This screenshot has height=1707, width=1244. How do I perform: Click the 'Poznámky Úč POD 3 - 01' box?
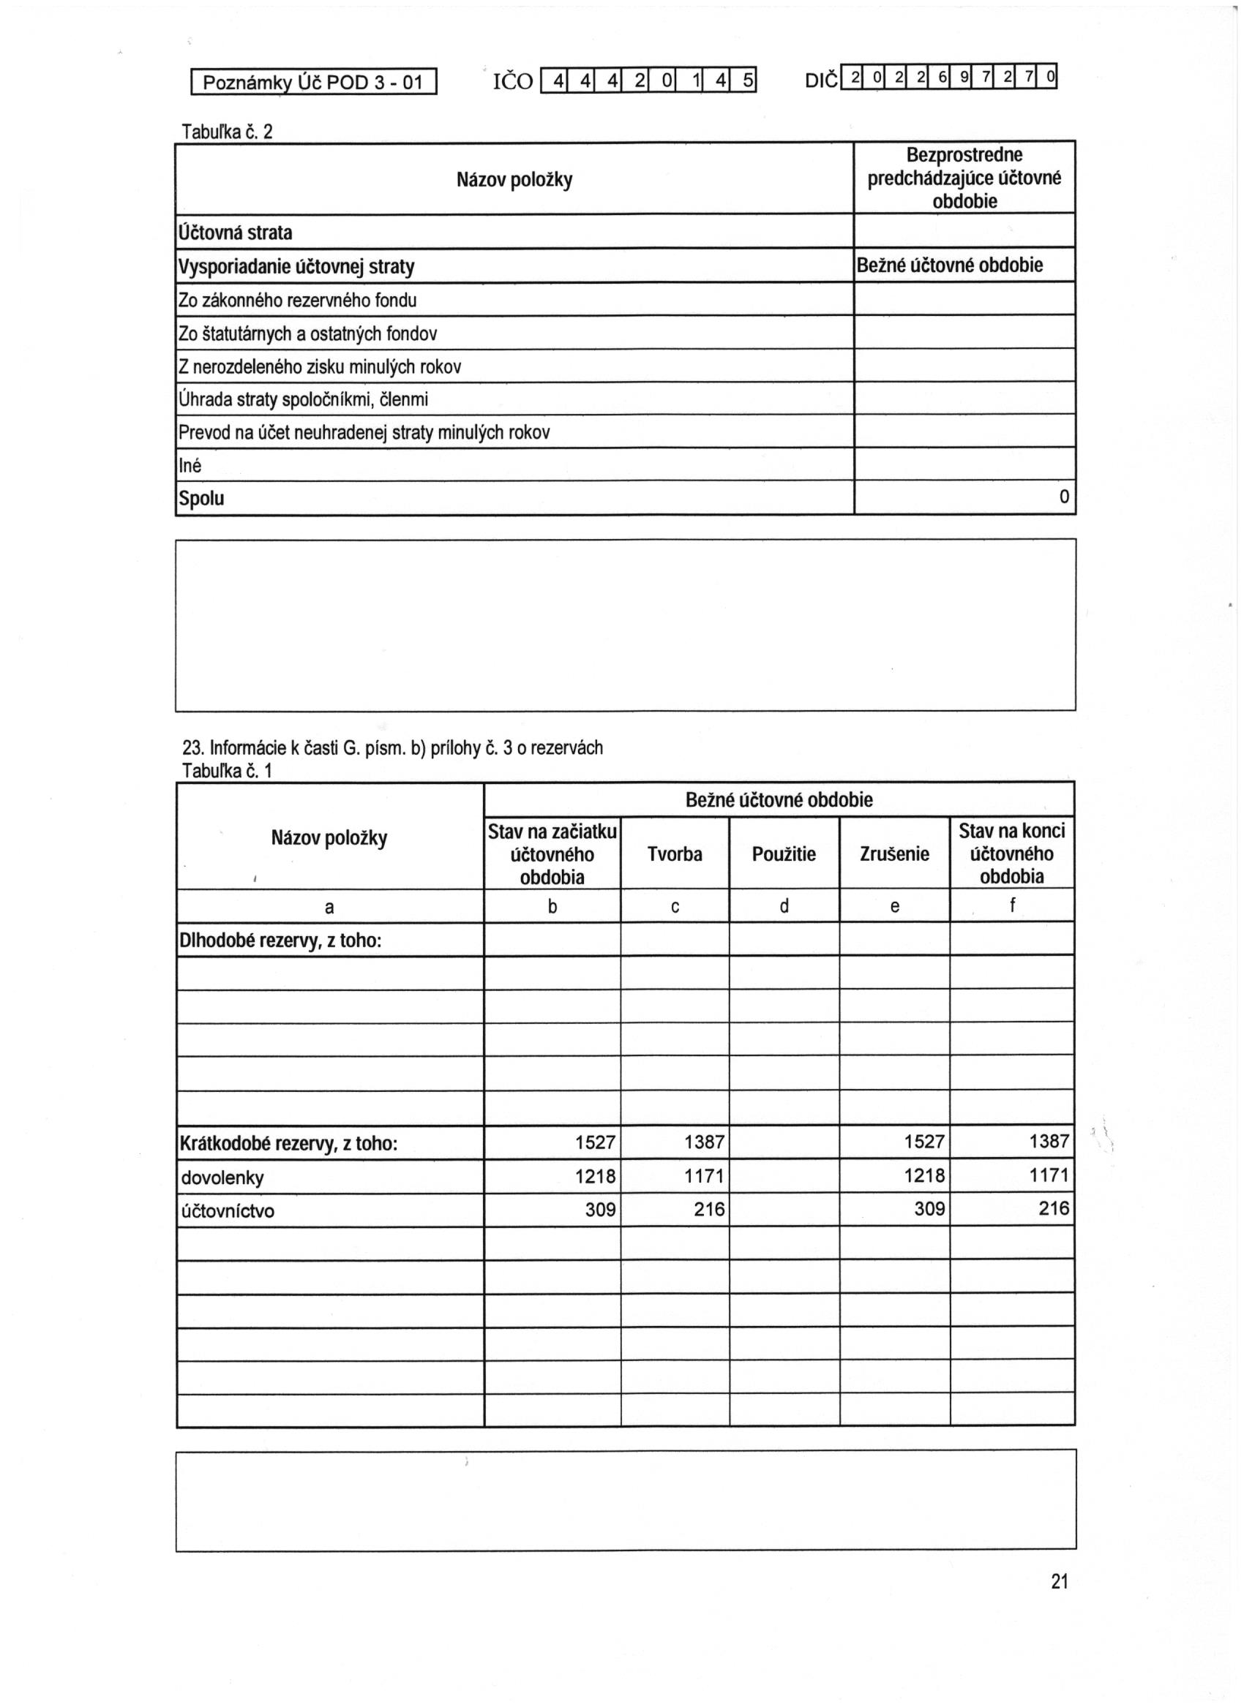coord(313,82)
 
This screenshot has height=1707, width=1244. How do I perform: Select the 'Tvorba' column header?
coord(674,853)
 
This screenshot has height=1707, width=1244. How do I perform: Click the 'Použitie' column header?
coord(783,853)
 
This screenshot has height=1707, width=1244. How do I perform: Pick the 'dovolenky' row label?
coord(222,1177)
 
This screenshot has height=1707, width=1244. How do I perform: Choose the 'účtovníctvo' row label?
coord(228,1211)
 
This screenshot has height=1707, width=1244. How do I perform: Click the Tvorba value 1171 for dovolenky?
coord(703,1175)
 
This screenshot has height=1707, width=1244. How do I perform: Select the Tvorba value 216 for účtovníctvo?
coord(708,1210)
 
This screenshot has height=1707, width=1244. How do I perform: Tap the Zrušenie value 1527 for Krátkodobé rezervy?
coord(924,1142)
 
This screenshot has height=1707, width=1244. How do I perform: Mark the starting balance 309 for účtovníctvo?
coord(600,1210)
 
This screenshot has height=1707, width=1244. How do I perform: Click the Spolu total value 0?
coord(1063,497)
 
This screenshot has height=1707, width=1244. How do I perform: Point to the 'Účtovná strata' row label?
coord(235,233)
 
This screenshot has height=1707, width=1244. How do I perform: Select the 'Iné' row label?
coord(190,466)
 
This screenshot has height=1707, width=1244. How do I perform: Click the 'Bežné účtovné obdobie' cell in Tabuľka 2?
coord(950,265)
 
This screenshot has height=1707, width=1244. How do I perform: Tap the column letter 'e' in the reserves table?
coord(895,906)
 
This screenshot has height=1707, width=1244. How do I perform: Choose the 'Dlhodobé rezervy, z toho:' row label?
coord(280,940)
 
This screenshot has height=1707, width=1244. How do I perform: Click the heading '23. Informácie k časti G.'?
coord(392,747)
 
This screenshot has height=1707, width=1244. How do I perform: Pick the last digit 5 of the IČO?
coord(747,80)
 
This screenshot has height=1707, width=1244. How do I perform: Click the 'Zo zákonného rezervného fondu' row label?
coord(297,301)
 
